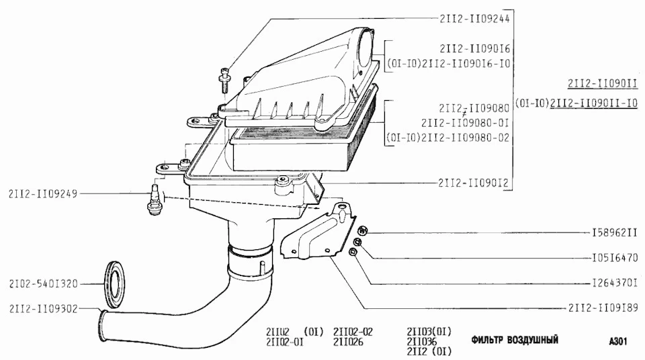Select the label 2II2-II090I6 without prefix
pos(475,49)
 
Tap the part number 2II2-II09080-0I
pos(465,123)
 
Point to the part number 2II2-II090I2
pos(474,183)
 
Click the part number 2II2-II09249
pos(43,193)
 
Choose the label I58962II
pos(615,233)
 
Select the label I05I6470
pos(615,258)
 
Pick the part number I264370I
pos(615,283)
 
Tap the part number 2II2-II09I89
pos(603,308)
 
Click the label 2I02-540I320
pos(43,284)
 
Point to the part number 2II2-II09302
pos(43,309)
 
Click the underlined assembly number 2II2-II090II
pos(603,84)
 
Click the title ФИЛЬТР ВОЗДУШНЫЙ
pos(515,340)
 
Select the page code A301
pos(618,341)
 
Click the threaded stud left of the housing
pos(155,200)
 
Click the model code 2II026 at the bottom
pos(348,342)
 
